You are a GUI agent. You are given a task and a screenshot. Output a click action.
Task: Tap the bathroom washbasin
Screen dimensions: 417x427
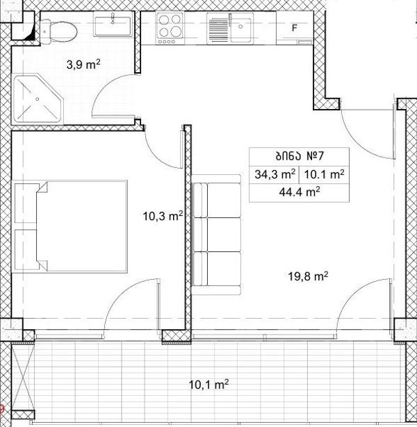click(x=113, y=24)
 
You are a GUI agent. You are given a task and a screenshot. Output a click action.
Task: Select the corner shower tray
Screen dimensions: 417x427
click(x=38, y=99)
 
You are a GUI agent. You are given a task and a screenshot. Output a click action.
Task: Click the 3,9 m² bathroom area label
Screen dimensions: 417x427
click(x=83, y=65)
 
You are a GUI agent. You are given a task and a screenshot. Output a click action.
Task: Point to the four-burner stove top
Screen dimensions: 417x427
click(x=170, y=28)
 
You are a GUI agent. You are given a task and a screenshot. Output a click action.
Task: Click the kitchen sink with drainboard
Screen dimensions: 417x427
click(x=229, y=28)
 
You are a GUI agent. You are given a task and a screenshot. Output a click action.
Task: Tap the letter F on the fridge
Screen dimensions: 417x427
click(x=295, y=28)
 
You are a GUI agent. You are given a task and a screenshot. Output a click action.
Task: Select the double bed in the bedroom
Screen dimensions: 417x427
click(x=69, y=226)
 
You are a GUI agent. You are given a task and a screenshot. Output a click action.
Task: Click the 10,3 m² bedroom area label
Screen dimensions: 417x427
click(x=163, y=217)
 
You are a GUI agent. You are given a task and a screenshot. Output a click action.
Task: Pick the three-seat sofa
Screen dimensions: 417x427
click(x=217, y=235)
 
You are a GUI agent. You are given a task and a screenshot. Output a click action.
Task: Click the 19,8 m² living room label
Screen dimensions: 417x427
click(x=308, y=276)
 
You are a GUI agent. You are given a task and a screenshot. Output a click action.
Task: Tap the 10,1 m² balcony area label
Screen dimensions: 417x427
click(x=208, y=385)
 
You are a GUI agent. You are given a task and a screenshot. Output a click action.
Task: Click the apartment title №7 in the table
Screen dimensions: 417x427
click(x=300, y=156)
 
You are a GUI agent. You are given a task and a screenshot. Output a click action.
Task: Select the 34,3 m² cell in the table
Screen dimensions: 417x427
click(x=275, y=174)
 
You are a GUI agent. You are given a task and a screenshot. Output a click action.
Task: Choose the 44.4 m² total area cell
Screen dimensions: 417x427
click(x=300, y=192)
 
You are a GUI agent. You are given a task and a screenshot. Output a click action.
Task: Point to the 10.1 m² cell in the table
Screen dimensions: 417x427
click(x=324, y=174)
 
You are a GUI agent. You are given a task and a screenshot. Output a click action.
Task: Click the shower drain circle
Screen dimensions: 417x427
click(x=38, y=99)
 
